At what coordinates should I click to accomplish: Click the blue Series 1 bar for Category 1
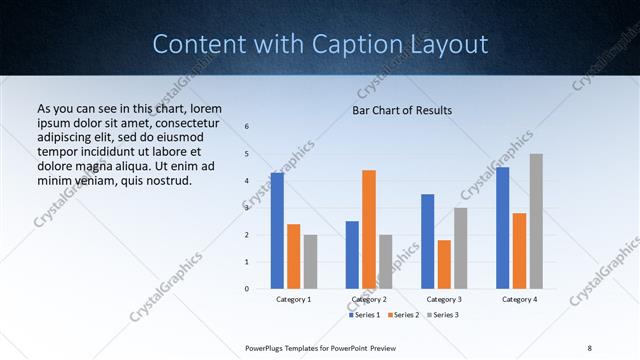tap(277, 230)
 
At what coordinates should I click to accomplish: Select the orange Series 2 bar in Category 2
tap(369, 229)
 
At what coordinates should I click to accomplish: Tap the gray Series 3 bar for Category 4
tap(536, 221)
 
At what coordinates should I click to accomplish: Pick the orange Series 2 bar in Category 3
tap(444, 264)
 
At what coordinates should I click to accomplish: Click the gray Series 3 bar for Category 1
tap(310, 261)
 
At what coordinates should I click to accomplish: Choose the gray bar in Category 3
tap(460, 248)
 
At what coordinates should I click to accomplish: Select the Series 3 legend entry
tap(443, 315)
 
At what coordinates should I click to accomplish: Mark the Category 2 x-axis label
tap(369, 299)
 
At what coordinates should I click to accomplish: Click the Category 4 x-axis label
tap(519, 299)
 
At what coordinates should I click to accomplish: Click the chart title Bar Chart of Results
tap(402, 109)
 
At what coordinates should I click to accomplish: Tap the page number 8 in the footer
tap(590, 347)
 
